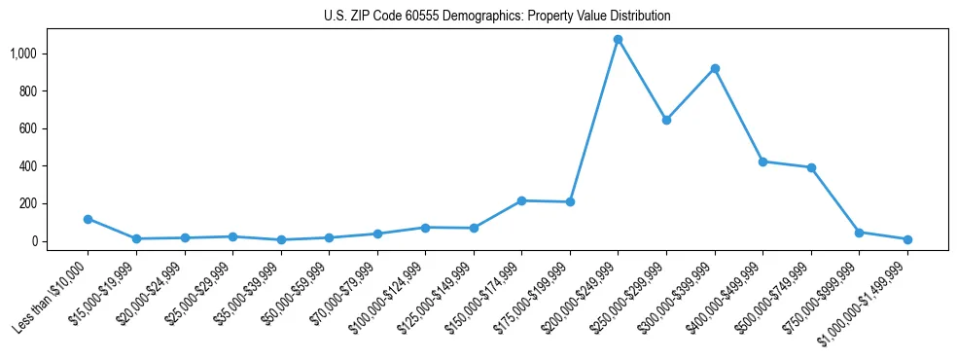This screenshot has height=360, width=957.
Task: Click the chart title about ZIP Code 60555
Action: (497, 17)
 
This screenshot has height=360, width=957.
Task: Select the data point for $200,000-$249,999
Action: (618, 40)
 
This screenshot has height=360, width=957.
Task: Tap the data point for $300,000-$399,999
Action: (715, 69)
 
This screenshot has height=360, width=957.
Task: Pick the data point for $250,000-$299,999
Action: (666, 120)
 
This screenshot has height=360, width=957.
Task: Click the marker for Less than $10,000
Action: (88, 219)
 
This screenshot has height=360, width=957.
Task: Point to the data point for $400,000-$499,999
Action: (762, 162)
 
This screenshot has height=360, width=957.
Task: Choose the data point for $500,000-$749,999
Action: (811, 167)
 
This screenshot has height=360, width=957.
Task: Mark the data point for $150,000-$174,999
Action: (521, 200)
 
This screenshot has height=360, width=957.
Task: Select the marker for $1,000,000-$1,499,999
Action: (907, 239)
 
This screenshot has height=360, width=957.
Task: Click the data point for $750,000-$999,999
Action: (859, 233)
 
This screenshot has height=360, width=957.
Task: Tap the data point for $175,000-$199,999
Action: (570, 202)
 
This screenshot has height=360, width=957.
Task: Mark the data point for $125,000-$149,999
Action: (474, 228)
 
